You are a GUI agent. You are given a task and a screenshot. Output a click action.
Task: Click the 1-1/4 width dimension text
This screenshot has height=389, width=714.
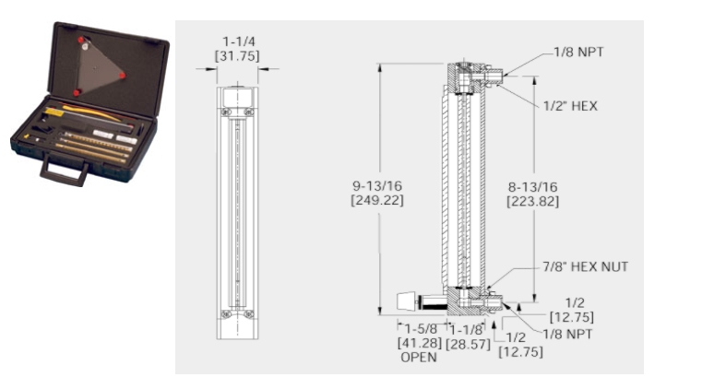[239, 41]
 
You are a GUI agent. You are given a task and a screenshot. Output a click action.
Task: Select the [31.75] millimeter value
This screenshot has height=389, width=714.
[237, 56]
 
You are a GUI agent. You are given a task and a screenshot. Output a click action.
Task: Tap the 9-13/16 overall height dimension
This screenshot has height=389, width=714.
[377, 185]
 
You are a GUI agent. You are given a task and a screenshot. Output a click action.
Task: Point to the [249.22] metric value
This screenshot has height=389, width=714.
[377, 200]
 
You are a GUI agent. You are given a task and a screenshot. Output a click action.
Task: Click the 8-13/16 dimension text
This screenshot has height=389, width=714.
[533, 186]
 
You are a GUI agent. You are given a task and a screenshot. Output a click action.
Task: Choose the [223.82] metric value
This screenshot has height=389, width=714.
[533, 201]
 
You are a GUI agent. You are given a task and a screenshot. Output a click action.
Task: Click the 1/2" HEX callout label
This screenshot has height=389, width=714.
[570, 106]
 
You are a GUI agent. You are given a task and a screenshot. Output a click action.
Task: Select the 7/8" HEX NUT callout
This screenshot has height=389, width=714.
[585, 266]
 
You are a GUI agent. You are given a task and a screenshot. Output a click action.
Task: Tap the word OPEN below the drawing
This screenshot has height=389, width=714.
[419, 358]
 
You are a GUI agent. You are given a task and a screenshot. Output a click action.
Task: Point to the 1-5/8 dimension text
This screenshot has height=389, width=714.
[421, 329]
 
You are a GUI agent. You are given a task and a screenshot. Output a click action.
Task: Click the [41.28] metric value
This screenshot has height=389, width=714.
[420, 343]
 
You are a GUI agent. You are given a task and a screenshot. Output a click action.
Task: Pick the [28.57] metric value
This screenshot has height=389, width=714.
[468, 344]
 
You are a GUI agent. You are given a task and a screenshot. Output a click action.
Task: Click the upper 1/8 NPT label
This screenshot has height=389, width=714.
[578, 53]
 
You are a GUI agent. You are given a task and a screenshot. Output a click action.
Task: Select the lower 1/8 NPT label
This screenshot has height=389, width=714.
[567, 335]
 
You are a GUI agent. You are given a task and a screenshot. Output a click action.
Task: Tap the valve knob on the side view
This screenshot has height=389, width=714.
[407, 302]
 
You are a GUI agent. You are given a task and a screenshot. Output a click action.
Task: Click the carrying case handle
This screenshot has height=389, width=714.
[65, 171]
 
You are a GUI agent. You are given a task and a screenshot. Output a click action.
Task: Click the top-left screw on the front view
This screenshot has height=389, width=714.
[225, 112]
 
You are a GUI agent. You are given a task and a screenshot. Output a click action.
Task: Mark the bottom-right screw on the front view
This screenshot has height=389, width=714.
[248, 314]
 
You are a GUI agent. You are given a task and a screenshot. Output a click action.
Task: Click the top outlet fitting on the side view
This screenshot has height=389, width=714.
[490, 74]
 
